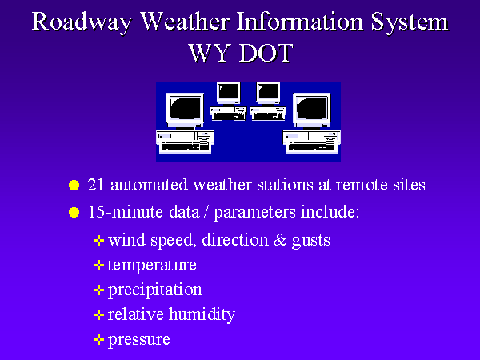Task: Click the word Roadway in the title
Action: pyautogui.click(x=82, y=23)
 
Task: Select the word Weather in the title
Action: pyautogui.click(x=186, y=22)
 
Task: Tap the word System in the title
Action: pyautogui.click(x=410, y=23)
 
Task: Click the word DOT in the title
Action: pyautogui.click(x=266, y=53)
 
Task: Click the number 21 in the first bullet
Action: pyautogui.click(x=95, y=185)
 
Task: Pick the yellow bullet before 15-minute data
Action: pyautogui.click(x=74, y=213)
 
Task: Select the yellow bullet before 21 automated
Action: pyautogui.click(x=74, y=186)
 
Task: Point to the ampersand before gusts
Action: pyautogui.click(x=280, y=240)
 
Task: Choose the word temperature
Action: pyautogui.click(x=152, y=266)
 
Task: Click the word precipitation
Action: pyautogui.click(x=155, y=290)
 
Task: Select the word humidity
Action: pyautogui.click(x=202, y=315)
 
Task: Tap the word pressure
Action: pyautogui.click(x=139, y=340)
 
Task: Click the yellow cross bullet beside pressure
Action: pyautogui.click(x=98, y=339)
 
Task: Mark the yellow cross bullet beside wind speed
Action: pyautogui.click(x=98, y=240)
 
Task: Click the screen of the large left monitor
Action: pyautogui.click(x=186, y=108)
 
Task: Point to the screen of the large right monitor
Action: pyautogui.click(x=312, y=108)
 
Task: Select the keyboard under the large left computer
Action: pyautogui.click(x=185, y=147)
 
